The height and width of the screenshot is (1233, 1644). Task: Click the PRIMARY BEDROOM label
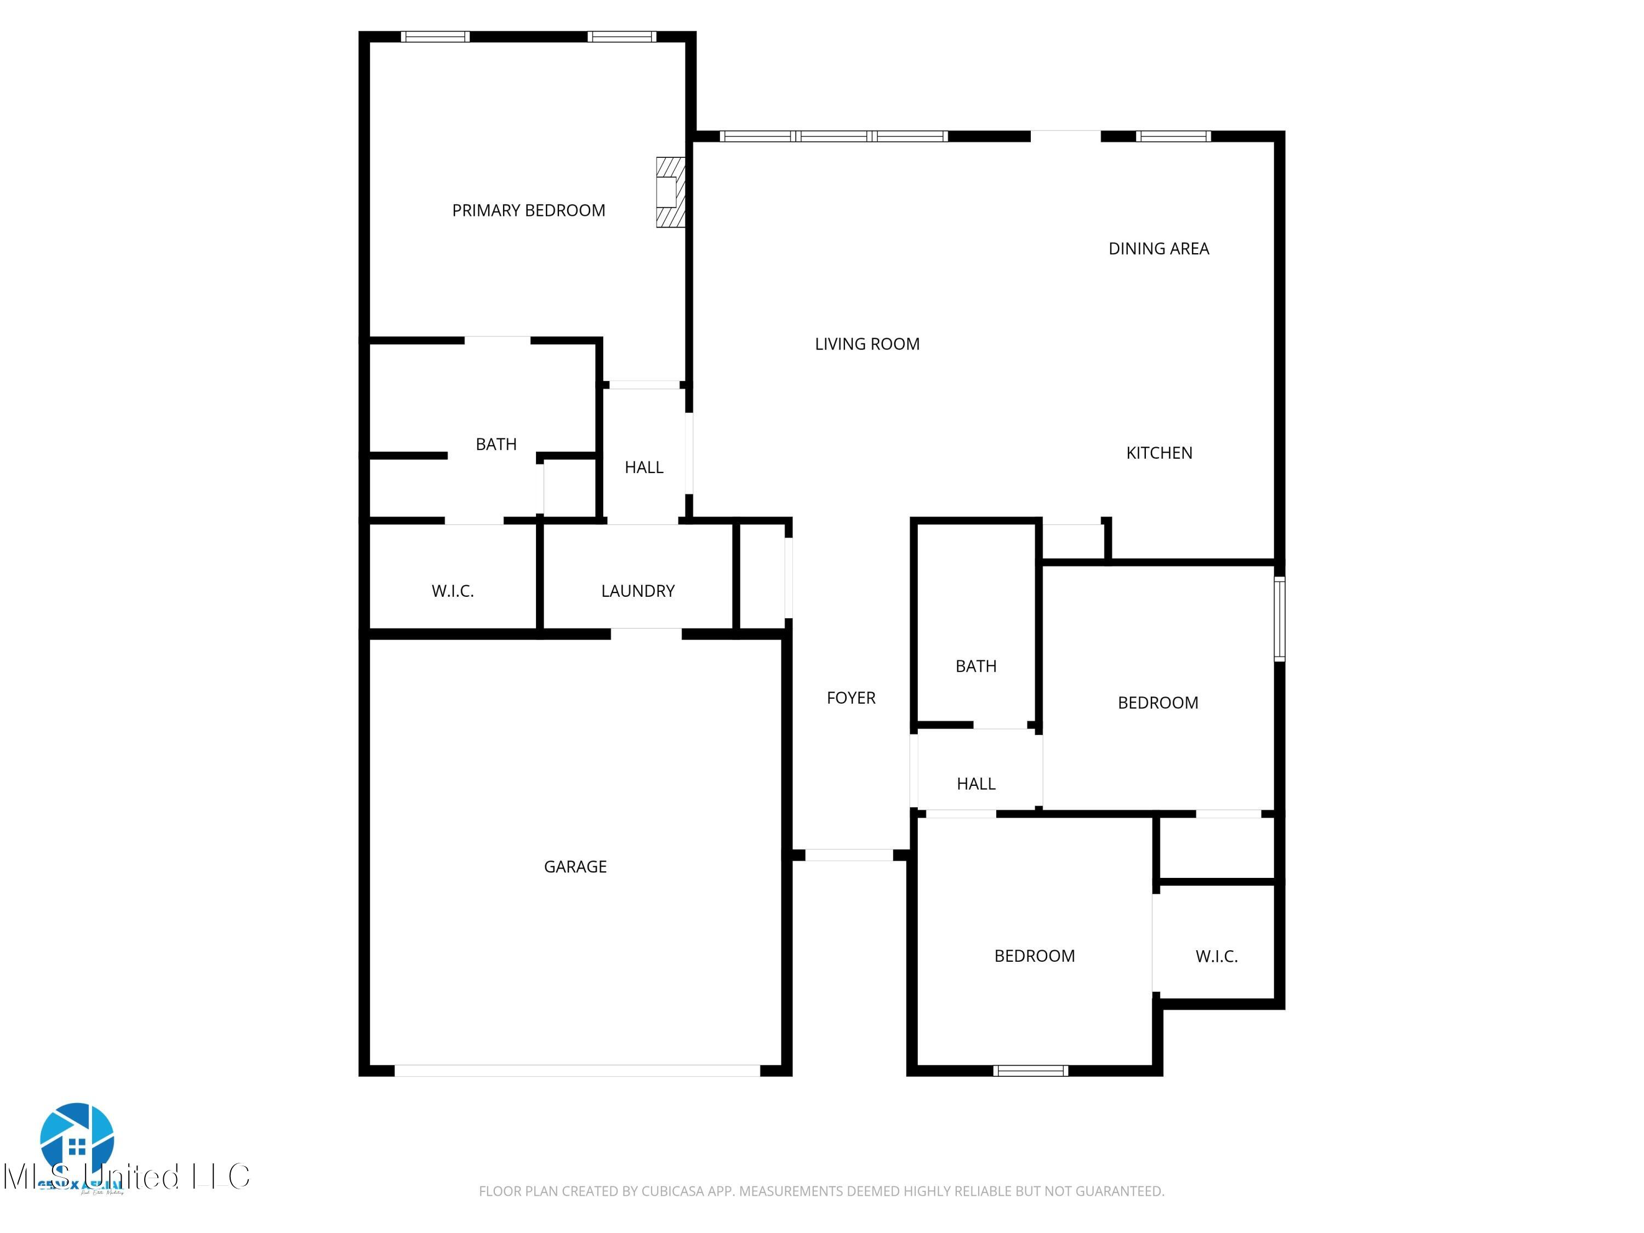(528, 210)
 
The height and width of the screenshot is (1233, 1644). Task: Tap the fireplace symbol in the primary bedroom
(669, 192)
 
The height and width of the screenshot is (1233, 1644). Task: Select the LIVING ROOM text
(866, 344)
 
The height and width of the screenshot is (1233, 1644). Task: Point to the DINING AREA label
(1158, 249)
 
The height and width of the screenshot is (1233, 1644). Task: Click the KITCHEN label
(1158, 453)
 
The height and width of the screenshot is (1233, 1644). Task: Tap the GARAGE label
(575, 866)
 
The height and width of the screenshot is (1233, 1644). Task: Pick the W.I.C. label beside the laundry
(453, 591)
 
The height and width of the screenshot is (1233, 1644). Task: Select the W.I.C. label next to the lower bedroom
(1216, 956)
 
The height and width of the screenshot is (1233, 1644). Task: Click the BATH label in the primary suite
(496, 444)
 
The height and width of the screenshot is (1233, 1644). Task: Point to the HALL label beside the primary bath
(644, 467)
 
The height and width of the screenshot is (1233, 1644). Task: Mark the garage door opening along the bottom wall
(576, 1070)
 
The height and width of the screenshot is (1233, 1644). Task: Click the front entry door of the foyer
(849, 855)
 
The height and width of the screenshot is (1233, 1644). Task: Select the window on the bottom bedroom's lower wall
(1030, 1070)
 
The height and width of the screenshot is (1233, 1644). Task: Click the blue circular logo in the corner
(77, 1141)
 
